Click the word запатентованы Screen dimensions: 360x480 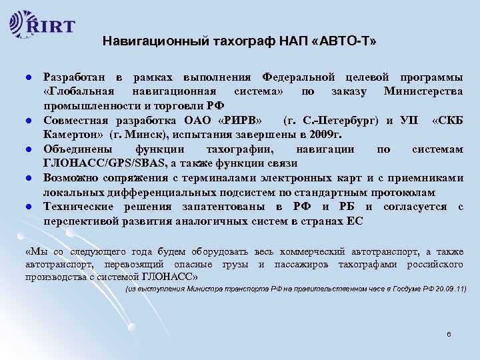[233, 207]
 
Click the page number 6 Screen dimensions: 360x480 [449, 333]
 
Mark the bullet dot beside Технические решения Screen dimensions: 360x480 [22, 207]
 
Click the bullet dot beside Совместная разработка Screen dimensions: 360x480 [22, 120]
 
